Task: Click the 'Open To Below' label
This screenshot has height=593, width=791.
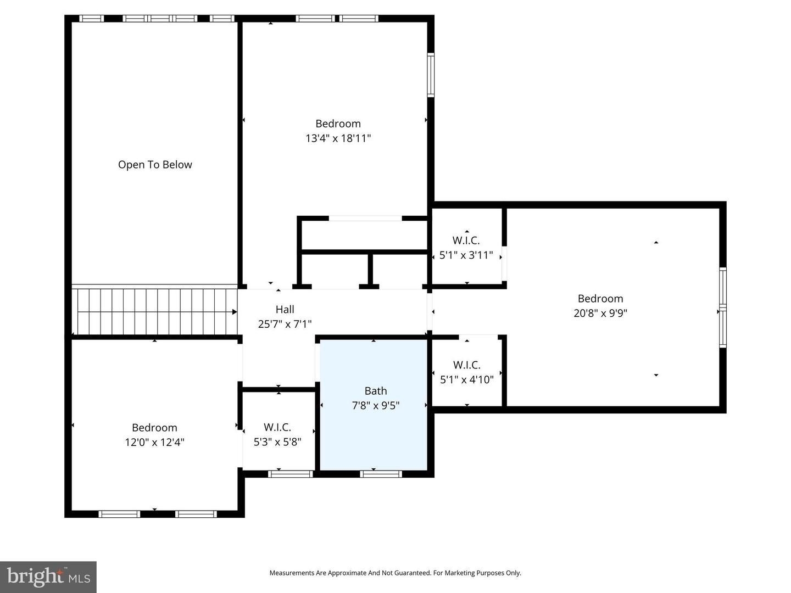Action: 155,165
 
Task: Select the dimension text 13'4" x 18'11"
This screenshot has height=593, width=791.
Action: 338,138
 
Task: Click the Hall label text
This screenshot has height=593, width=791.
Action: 285,310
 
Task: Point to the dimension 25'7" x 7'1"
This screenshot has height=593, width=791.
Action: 285,324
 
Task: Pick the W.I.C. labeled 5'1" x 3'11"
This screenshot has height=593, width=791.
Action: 466,248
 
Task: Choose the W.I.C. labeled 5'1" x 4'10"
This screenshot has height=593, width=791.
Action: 466,372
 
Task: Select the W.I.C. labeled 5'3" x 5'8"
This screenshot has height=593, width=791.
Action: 277,434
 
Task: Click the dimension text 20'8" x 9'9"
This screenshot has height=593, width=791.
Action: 600,314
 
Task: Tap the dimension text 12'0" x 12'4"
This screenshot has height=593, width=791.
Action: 154,443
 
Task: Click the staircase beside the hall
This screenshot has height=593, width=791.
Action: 154,311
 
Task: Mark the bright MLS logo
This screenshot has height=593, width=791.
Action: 48,577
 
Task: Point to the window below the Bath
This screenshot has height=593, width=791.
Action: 381,474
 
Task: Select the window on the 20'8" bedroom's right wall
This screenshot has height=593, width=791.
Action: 723,307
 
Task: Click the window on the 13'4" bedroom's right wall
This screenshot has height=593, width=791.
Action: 431,75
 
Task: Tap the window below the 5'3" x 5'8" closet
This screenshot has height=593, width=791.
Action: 291,474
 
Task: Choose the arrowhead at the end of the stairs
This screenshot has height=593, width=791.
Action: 235,312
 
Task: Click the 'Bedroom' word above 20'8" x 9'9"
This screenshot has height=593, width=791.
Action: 600,299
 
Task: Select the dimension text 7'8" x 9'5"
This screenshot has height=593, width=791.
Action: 375,406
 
